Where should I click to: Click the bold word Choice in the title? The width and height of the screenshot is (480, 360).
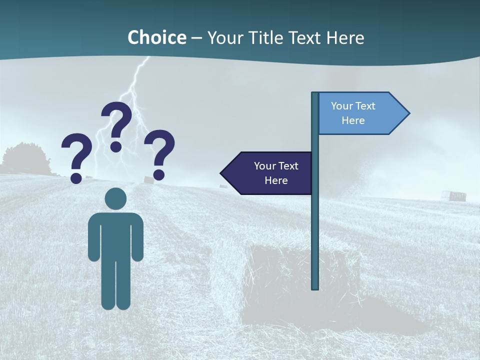[x=156, y=37]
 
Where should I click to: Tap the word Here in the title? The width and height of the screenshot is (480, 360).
[x=345, y=37]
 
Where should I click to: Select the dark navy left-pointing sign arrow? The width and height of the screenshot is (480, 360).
[x=270, y=173]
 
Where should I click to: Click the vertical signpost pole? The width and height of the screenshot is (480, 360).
[x=315, y=225]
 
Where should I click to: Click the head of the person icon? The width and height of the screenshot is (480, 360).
[x=116, y=198]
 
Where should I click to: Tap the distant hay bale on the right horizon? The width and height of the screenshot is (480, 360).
[x=457, y=195]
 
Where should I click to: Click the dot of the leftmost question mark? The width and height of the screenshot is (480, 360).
[x=76, y=177]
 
